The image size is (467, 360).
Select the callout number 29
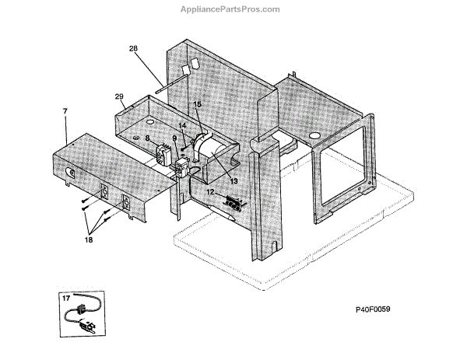(119, 96)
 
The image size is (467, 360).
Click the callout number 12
(209, 190)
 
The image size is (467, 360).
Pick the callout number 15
(197, 104)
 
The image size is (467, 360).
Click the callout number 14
(182, 125)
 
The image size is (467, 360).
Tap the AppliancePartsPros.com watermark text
(234, 9)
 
